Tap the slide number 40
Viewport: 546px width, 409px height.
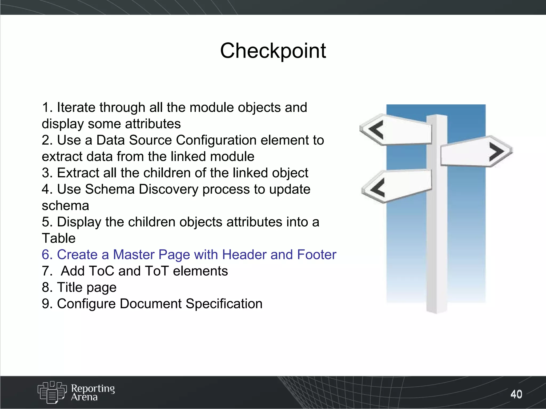tap(516, 394)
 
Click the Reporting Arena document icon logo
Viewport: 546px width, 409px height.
tap(52, 392)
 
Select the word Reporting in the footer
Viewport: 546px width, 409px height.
tap(93, 388)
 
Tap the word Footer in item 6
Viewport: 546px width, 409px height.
tap(316, 255)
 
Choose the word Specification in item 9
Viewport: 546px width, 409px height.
tap(224, 304)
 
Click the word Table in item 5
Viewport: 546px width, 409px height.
tap(59, 238)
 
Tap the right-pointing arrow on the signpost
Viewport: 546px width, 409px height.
tap(496, 152)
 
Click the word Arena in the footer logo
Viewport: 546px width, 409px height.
tap(84, 397)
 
